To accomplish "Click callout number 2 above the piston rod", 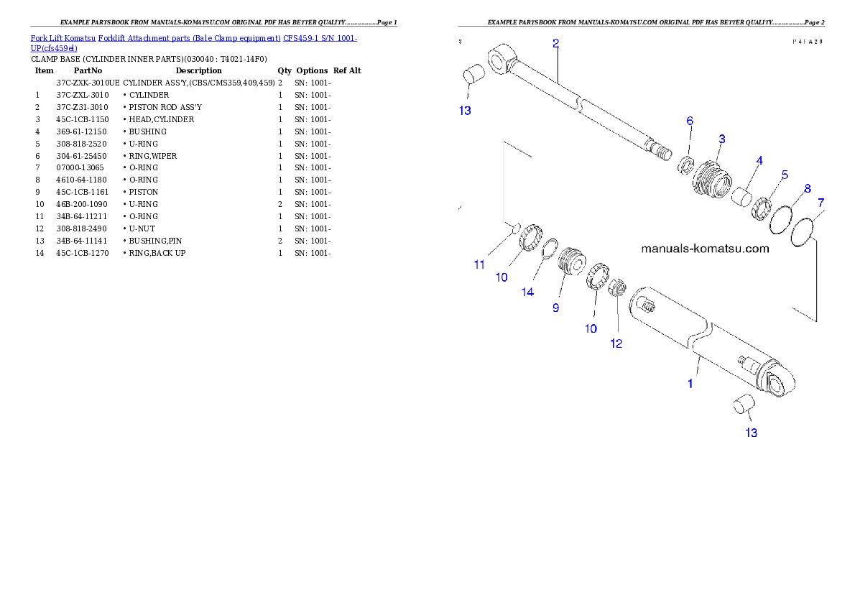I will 555,43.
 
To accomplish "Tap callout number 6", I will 690,121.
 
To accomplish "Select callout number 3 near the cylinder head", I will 721,138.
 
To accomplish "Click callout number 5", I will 785,175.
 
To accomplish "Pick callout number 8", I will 808,188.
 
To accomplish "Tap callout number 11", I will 479,264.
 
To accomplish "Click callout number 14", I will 527,292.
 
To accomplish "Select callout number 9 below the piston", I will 555,308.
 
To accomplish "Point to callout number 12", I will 616,343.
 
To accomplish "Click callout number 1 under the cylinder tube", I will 690,384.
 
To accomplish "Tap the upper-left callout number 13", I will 465,111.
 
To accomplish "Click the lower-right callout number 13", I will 751,433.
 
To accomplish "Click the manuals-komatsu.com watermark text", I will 704,249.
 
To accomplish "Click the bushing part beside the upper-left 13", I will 473,75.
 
